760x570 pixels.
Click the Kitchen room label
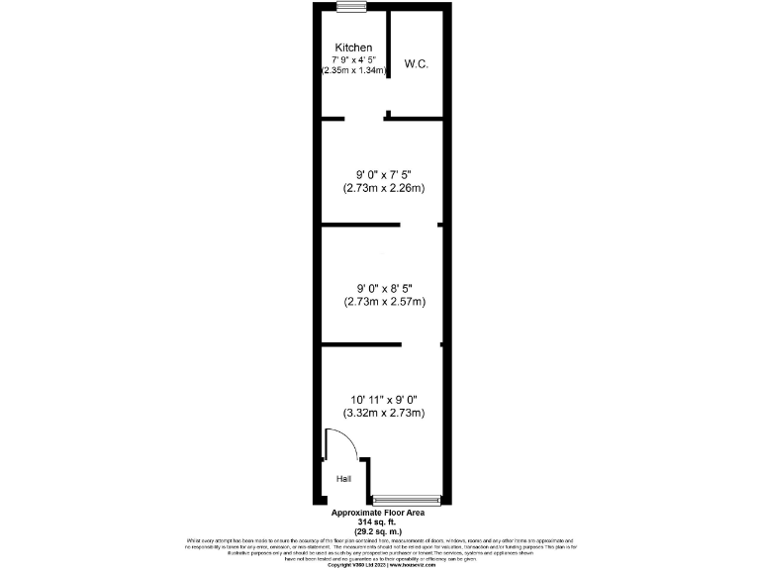(353, 47)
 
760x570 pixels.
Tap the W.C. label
(416, 64)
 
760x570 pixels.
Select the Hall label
(343, 479)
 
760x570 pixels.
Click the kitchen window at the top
(350, 7)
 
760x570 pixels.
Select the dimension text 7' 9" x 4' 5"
(353, 59)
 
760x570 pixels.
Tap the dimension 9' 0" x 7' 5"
(384, 174)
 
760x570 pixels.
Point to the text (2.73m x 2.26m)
(384, 187)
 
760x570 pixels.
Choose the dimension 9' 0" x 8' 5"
(384, 288)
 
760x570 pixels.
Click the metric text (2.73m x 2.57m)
(384, 301)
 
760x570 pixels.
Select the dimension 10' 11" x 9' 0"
(384, 400)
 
